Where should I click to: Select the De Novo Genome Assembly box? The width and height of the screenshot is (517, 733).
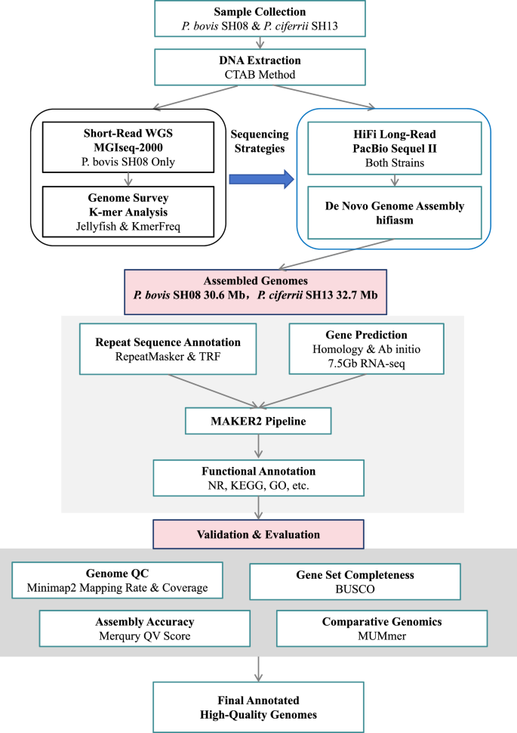click(x=389, y=209)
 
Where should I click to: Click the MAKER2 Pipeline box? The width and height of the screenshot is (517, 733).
click(x=258, y=420)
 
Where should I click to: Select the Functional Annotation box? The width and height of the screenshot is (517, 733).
click(x=258, y=478)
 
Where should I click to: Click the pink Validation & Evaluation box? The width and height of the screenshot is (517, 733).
click(x=258, y=534)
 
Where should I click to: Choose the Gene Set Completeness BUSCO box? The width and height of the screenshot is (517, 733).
click(x=354, y=580)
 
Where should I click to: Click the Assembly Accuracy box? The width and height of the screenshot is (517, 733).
click(x=134, y=629)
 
